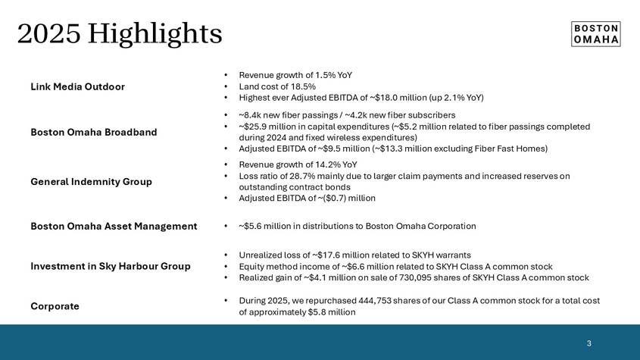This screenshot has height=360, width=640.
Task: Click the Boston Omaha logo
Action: (595, 33)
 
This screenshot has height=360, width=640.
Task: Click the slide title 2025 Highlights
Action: (120, 33)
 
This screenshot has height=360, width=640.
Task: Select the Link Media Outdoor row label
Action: (77, 86)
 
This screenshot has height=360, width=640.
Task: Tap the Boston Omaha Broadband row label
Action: (94, 132)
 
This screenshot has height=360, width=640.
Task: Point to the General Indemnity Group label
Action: (91, 182)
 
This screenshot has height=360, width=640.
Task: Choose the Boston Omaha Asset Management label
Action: (114, 226)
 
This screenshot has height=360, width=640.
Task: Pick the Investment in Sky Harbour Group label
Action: (111, 266)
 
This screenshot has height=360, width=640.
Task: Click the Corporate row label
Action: (55, 306)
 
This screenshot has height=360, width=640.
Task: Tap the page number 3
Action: (588, 343)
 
